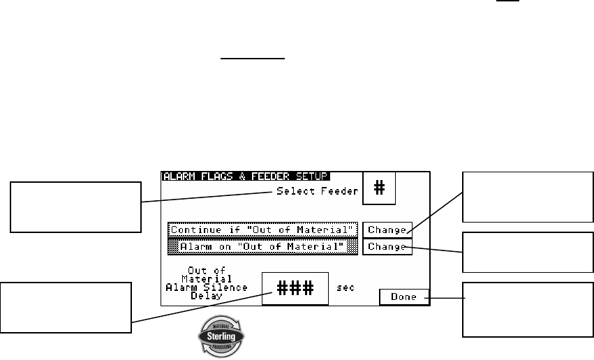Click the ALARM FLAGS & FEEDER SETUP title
coord(246,177)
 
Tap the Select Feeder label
coord(316,190)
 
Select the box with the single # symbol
coord(379,189)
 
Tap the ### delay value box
coord(295,288)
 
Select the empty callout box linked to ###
coord(66,308)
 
